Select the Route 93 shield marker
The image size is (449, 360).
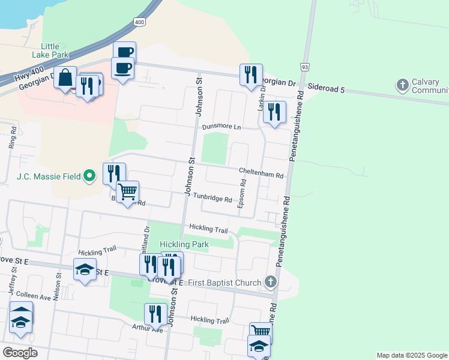click(x=305, y=66)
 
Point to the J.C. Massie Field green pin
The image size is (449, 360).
click(x=89, y=176)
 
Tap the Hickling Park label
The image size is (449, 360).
click(x=184, y=245)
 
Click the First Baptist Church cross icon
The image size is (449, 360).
click(x=271, y=282)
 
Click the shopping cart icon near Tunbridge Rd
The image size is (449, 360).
click(x=127, y=193)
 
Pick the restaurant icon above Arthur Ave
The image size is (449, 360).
click(x=155, y=314)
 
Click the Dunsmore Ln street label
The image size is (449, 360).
click(x=221, y=127)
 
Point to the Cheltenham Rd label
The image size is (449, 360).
click(x=261, y=173)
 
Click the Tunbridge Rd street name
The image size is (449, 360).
click(x=212, y=199)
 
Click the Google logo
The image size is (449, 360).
click(x=20, y=352)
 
